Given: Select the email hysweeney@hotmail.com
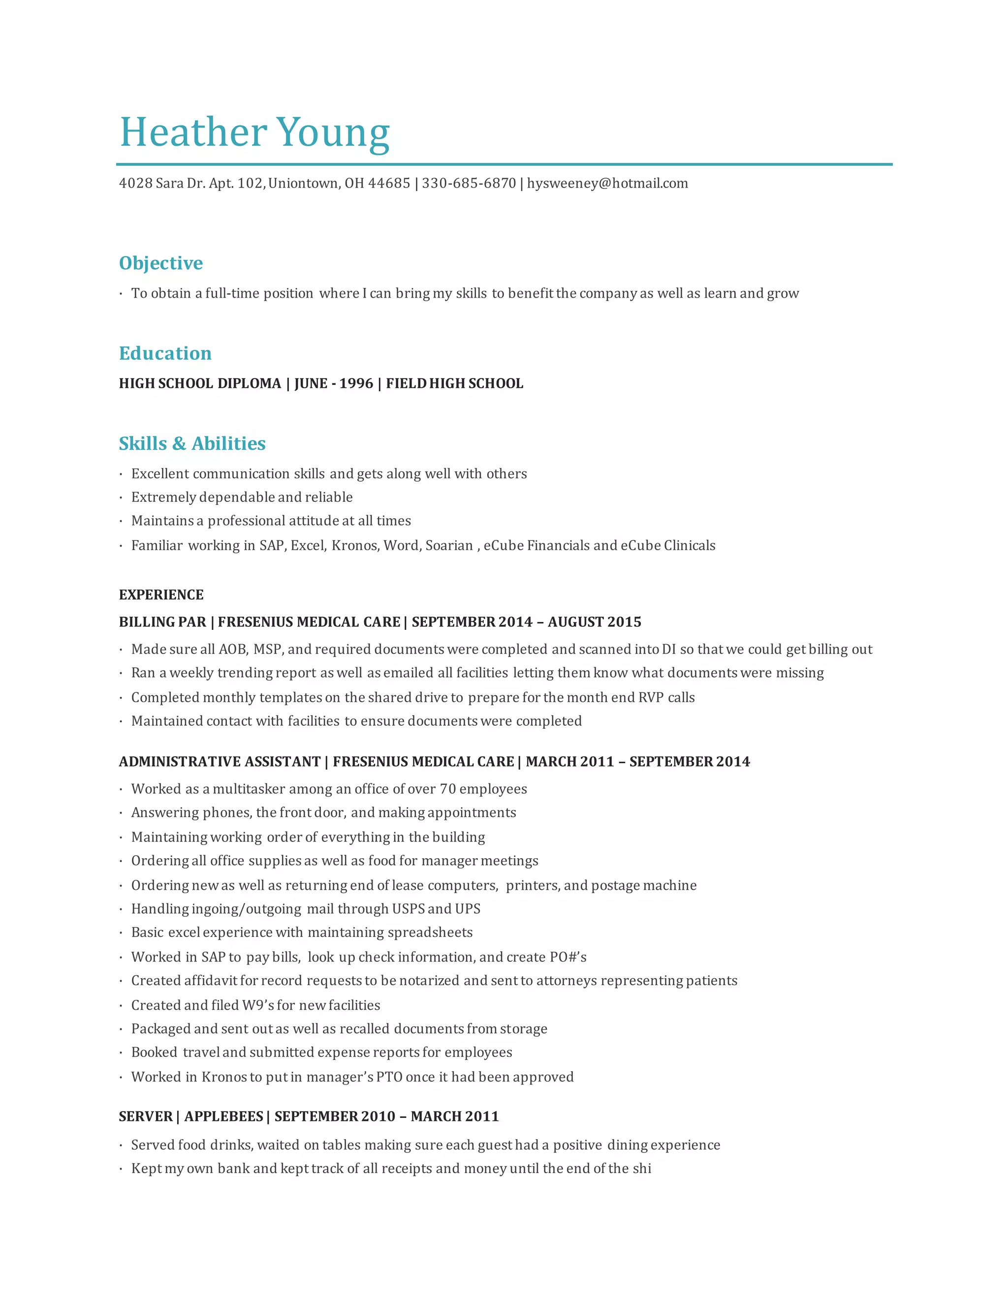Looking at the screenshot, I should (607, 184).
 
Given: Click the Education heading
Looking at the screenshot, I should (165, 353).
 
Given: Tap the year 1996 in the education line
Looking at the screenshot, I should (356, 383).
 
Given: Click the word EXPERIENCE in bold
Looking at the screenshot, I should (161, 595).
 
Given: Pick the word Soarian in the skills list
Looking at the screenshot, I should (449, 545).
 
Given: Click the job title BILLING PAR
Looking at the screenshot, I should (162, 621).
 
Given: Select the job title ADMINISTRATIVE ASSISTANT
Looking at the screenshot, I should (220, 761).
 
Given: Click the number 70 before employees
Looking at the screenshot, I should (448, 789).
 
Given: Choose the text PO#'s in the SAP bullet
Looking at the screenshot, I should (568, 957).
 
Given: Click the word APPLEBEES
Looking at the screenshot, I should (224, 1117).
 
